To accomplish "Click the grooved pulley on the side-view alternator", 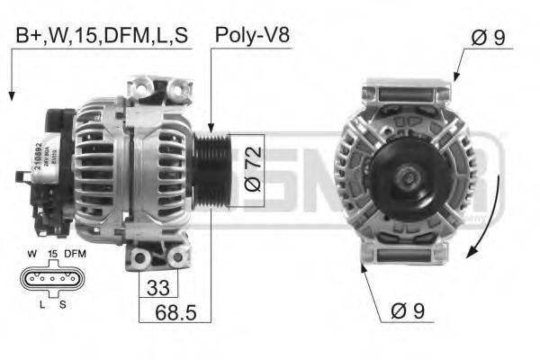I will pos(213,168).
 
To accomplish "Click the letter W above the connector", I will pos(31,255).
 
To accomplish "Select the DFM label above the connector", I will pos(75,255).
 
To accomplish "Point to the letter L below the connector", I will pos(40,304).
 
